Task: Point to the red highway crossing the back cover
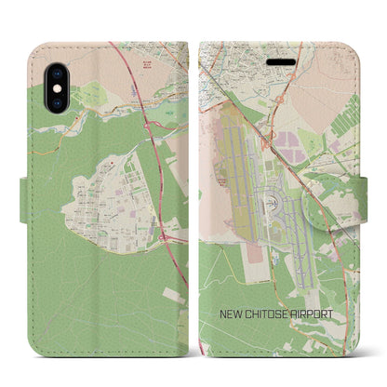(x=153, y=167)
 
